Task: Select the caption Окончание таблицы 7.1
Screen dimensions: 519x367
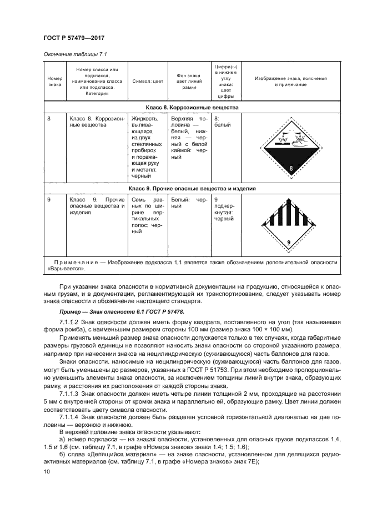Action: point(74,54)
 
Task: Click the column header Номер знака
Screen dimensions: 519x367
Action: point(54,82)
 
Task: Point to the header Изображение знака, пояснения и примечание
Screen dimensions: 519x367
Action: point(290,82)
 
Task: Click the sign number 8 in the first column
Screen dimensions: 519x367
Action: point(49,119)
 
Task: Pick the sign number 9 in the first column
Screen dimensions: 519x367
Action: point(49,199)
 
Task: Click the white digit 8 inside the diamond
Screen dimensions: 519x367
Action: point(290,168)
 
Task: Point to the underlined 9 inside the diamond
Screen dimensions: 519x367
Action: point(289,242)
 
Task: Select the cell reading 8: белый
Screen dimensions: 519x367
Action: point(222,122)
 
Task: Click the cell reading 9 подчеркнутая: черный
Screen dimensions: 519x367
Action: point(224,209)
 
